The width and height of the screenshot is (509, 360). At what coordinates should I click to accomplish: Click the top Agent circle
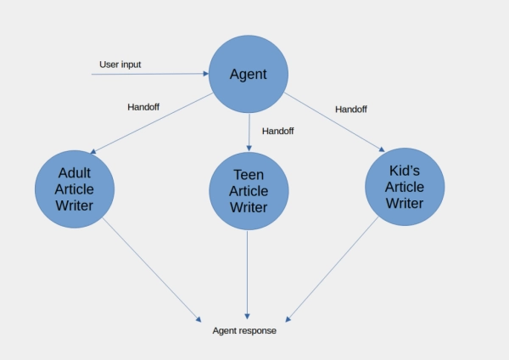249,75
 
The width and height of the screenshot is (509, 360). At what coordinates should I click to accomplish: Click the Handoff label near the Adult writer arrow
143,107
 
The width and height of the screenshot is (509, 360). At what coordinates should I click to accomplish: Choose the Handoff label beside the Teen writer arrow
278,131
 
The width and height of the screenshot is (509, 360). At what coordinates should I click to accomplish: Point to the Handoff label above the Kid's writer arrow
351,110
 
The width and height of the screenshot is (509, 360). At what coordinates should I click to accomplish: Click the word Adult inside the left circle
76,172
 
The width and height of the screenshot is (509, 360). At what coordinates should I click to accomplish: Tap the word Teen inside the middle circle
249,174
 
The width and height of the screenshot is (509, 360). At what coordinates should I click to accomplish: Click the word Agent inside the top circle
249,75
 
